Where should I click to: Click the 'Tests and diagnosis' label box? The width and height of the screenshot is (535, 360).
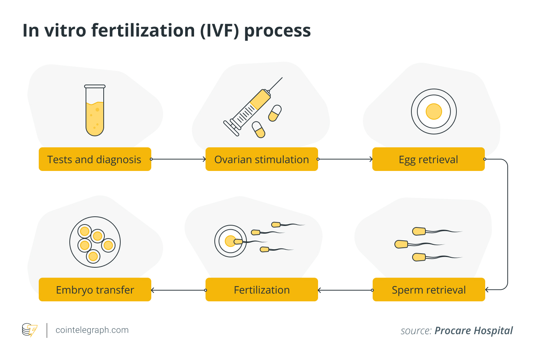point(95,159)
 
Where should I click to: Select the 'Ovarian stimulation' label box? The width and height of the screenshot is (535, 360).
point(262,159)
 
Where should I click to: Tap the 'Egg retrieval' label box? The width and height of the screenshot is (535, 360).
point(428,159)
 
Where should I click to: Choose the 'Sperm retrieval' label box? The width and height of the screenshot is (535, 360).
point(429,290)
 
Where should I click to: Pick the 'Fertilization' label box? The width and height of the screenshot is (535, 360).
point(262,290)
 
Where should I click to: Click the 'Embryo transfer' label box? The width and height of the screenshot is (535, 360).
point(95,290)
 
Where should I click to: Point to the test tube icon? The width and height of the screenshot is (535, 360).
point(95,111)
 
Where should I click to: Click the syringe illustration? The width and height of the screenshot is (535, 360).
point(249,109)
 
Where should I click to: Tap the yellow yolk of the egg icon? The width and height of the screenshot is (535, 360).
point(434,112)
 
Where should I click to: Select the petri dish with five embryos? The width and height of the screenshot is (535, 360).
point(95,242)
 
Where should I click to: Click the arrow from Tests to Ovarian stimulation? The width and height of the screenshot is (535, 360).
point(178,159)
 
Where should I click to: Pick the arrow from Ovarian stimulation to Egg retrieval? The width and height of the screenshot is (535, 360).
point(345,159)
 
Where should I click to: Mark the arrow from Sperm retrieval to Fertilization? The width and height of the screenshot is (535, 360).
point(345,290)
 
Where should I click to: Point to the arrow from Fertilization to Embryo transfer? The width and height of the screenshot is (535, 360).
point(178,290)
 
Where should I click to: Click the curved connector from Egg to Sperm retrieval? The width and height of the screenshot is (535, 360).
point(507,224)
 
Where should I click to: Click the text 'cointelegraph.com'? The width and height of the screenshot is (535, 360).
point(92,330)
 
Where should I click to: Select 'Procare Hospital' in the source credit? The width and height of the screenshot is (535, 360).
point(473,330)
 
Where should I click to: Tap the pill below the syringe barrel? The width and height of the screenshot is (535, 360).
point(259,130)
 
